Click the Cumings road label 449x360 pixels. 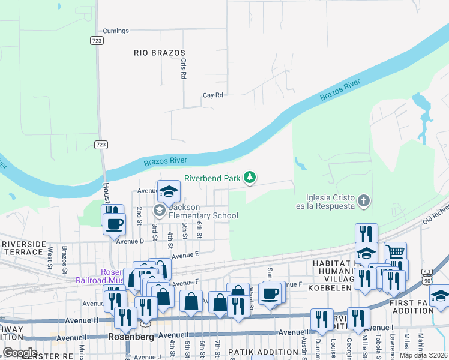point(116,31)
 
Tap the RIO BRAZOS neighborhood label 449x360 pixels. point(158,53)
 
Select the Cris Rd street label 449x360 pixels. point(184,68)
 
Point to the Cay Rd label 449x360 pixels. point(212,95)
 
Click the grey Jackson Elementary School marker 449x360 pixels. point(160,210)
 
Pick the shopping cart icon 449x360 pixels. point(395,252)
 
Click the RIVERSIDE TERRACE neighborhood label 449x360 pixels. point(23,248)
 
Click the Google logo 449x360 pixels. point(20,353)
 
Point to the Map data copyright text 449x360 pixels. point(424,355)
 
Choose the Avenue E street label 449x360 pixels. point(185,255)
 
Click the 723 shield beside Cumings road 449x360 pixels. point(97,40)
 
